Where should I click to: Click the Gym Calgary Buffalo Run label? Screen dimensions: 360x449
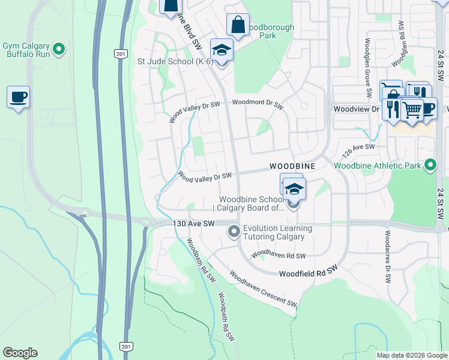[x=27, y=49]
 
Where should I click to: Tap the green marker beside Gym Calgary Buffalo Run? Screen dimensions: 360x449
[x=59, y=49]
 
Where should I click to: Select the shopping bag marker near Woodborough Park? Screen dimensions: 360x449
[x=238, y=26]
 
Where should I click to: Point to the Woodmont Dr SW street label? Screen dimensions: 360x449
[x=258, y=103]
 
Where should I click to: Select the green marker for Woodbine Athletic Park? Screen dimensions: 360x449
[x=430, y=164]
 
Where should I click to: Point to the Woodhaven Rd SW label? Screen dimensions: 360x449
[x=279, y=256]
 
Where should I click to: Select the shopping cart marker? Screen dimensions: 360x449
[x=411, y=109]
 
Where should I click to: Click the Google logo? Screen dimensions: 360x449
[x=20, y=353]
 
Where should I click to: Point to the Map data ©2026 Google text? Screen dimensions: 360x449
[x=412, y=355]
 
